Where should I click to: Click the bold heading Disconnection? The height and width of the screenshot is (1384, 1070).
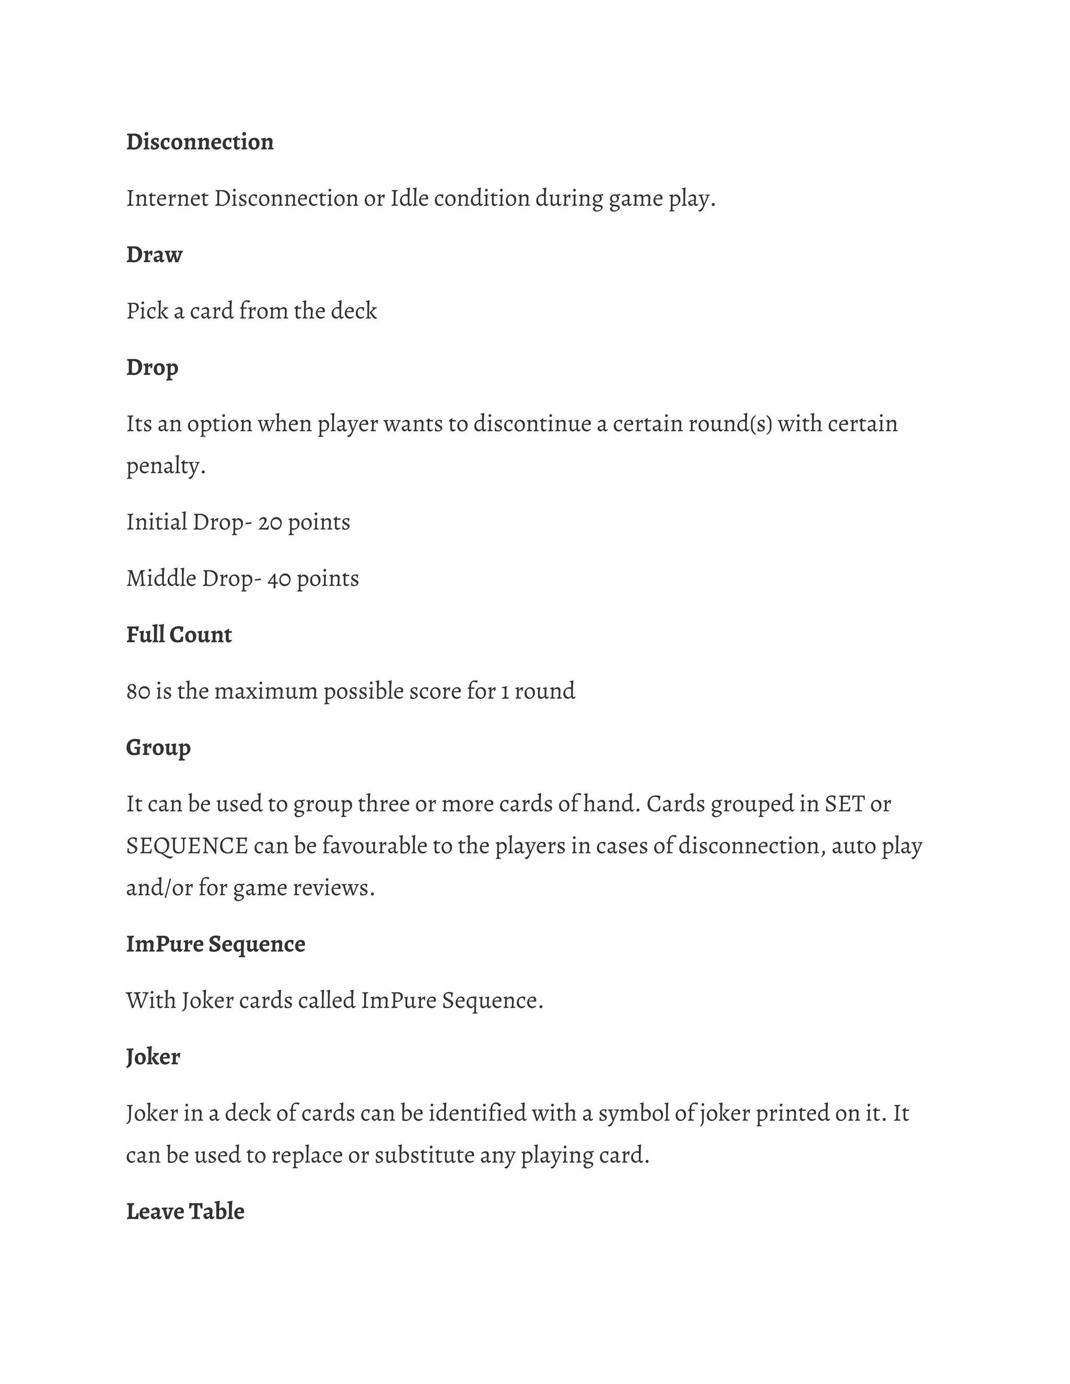point(200,142)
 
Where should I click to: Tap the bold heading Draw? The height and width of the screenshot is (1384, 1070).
point(154,255)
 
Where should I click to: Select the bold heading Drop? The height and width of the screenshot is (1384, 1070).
point(152,368)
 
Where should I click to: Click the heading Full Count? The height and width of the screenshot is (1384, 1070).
point(179,635)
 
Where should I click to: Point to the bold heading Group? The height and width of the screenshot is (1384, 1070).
point(158,748)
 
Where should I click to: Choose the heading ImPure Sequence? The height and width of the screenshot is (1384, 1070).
point(216,944)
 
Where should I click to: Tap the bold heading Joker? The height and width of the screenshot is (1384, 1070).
point(153,1057)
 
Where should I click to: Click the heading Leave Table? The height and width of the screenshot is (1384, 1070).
point(185,1212)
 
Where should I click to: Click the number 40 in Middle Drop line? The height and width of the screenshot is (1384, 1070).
point(278,579)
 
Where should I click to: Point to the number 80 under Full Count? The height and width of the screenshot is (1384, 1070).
point(137,691)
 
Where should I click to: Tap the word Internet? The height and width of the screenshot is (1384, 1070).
point(167,199)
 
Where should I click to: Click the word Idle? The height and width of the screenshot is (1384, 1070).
point(409,199)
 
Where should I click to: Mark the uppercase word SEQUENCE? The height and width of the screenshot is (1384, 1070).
point(187,847)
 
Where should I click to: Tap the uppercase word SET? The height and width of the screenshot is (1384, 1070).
point(844,804)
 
